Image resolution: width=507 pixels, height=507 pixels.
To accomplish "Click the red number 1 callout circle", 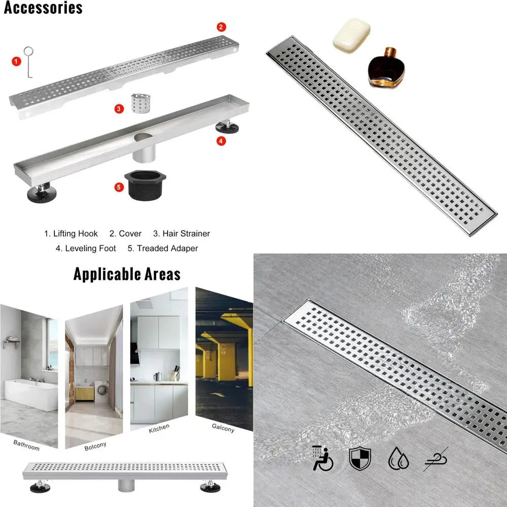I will tap(17, 61).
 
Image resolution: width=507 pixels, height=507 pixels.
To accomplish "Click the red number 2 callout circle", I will tap(222, 27).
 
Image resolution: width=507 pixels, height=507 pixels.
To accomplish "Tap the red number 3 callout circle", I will tap(119, 108).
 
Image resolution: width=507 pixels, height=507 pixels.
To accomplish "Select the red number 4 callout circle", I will tap(221, 141).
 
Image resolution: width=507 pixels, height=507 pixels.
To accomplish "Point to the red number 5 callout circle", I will tap(119, 187).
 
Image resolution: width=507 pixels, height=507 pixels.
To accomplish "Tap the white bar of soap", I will tap(351, 34).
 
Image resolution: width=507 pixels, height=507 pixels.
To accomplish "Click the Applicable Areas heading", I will tap(127, 274).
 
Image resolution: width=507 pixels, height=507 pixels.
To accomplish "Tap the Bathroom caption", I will tap(26, 445).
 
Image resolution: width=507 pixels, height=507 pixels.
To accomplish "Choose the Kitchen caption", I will tap(159, 429).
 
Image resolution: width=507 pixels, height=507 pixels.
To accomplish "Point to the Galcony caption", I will tap(223, 428).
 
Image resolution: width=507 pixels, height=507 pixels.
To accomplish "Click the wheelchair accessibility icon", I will tap(323, 458).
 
